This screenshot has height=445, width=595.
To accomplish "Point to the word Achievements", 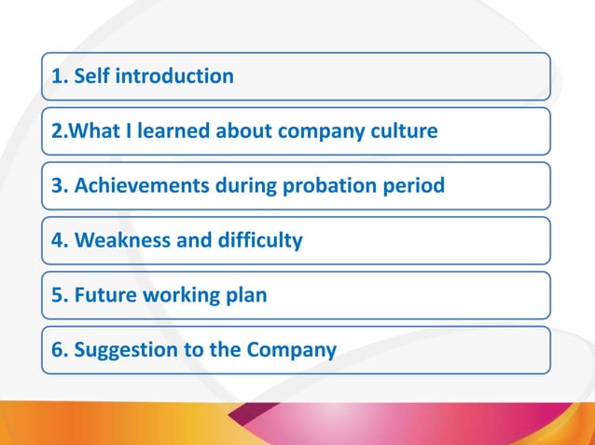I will (142, 185).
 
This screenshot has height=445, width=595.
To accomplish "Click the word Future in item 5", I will (106, 295).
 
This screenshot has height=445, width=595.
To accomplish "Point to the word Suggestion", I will (125, 350).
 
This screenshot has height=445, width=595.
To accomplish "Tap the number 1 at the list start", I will (57, 76).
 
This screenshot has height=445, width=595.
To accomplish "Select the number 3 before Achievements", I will (57, 185).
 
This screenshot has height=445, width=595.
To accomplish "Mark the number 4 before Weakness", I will (57, 240).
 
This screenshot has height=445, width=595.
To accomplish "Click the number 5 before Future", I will (57, 295).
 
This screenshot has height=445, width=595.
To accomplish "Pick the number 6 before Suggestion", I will (57, 350).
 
